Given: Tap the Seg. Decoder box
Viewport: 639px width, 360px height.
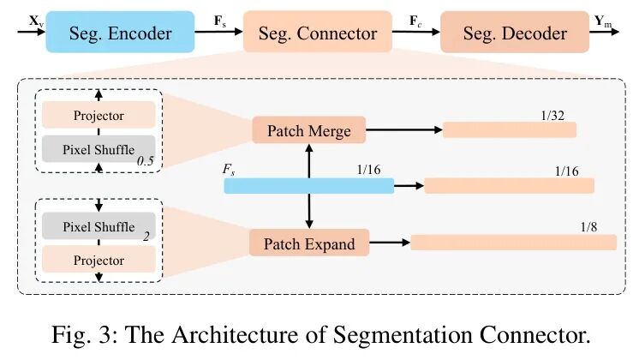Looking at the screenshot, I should click(515, 33).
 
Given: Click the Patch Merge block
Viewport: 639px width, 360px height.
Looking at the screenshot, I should click(309, 130).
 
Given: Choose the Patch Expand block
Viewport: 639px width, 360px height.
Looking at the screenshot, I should click(308, 243).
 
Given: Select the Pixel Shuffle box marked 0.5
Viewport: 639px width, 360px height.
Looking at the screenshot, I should click(99, 150).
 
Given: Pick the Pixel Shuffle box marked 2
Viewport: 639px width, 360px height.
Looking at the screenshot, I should click(99, 226).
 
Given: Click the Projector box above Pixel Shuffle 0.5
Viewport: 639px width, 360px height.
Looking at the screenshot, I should click(99, 116).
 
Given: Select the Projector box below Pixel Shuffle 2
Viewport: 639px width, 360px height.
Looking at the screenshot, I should click(99, 260).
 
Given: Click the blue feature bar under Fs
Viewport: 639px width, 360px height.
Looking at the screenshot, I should click(308, 185).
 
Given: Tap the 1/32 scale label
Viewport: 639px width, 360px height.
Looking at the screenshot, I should click(552, 114).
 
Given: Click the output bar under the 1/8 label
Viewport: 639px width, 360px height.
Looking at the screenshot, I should click(513, 243).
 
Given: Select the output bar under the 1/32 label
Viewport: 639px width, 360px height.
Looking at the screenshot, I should click(509, 129).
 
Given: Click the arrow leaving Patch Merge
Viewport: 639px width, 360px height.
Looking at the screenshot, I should click(403, 130).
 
